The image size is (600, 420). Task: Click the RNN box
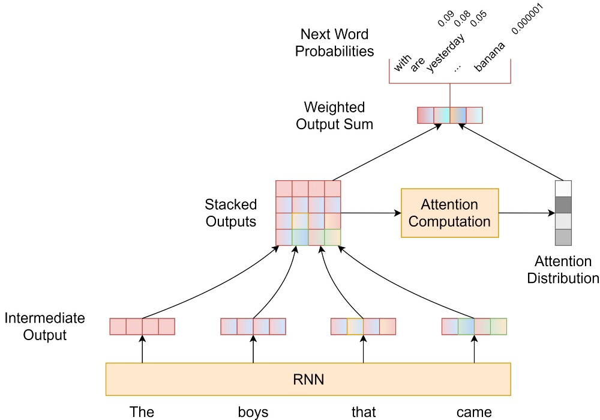308,379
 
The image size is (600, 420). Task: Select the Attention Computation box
449,213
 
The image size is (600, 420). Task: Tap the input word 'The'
142,412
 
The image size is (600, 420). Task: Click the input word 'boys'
253,412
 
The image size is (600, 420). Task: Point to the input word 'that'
364,412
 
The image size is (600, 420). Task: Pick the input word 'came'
474,412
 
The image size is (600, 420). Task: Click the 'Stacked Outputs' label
231,213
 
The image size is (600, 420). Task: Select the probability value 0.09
445,19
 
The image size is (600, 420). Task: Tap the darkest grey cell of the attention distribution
563,205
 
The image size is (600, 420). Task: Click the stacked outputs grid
308,213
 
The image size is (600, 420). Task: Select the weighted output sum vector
449,115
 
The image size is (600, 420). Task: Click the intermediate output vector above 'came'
474,326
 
